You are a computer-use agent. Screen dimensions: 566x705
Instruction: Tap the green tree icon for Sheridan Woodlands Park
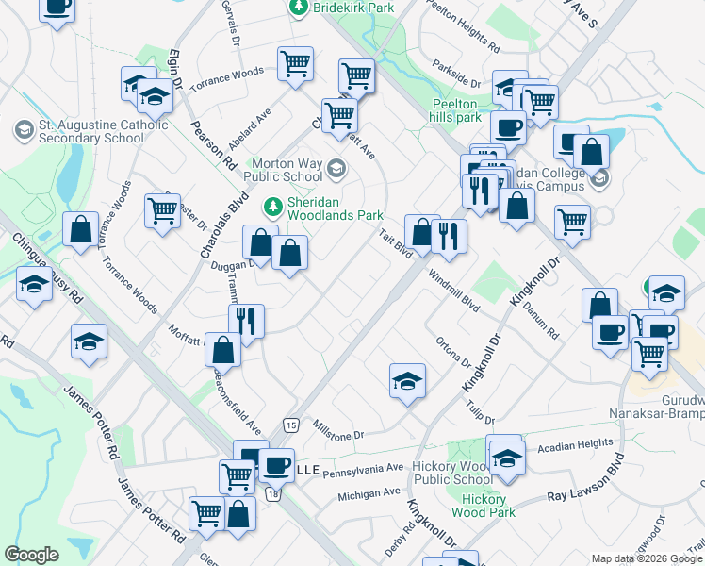273,205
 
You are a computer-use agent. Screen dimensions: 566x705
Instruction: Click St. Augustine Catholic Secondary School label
91,131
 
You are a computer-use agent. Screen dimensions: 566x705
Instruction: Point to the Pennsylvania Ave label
363,468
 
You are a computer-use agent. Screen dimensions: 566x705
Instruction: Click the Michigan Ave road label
369,493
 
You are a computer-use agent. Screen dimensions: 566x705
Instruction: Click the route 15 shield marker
289,426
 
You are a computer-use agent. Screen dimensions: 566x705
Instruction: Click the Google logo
32,555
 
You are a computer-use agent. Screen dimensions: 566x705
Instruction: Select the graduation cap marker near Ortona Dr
408,380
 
